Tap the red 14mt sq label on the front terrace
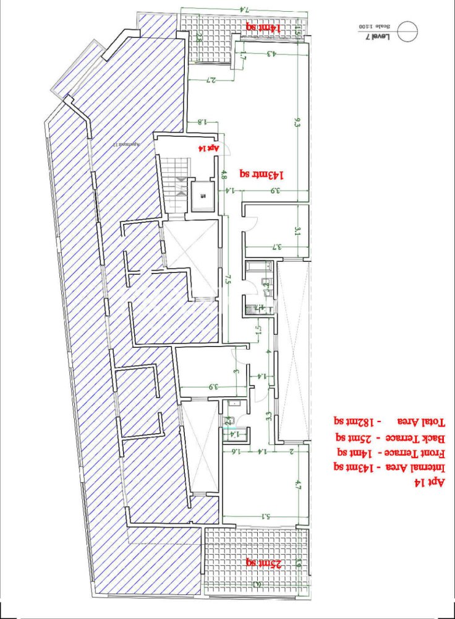pyautogui.click(x=265, y=27)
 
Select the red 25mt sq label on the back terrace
pyautogui.click(x=265, y=563)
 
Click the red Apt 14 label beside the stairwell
pyautogui.click(x=206, y=149)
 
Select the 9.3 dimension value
pyautogui.click(x=297, y=124)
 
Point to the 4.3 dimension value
pyautogui.click(x=270, y=54)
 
